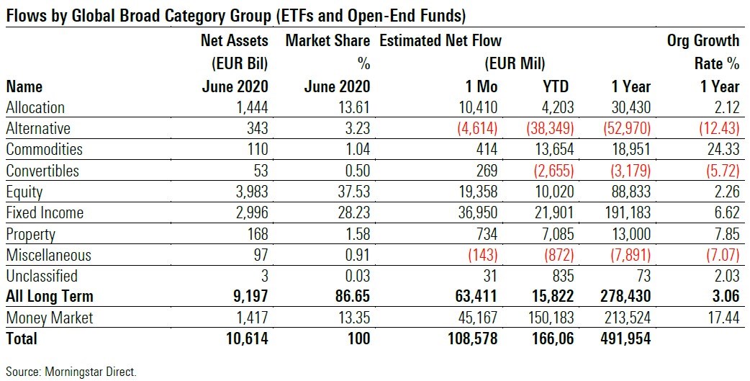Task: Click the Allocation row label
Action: [x=35, y=108]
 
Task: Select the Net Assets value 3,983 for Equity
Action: [x=249, y=192]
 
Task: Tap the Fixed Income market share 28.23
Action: [x=352, y=213]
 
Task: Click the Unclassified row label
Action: [x=41, y=277]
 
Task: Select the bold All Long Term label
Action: [x=50, y=297]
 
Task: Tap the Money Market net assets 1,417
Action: [x=249, y=318]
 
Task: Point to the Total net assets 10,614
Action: [x=244, y=339]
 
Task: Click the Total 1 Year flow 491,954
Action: [x=620, y=339]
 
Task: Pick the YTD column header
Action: [x=555, y=86]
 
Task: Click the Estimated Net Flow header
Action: [x=440, y=40]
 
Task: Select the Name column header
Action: [x=24, y=86]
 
